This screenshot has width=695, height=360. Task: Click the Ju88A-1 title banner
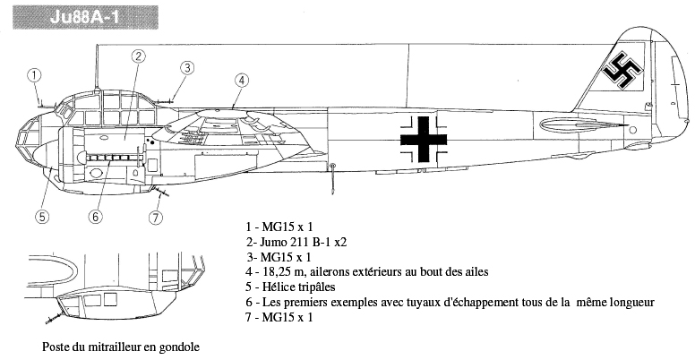[x=85, y=17]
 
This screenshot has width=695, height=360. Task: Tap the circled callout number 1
[x=35, y=74]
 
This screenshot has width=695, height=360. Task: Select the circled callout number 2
[x=138, y=56]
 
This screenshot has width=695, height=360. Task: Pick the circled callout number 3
[x=187, y=68]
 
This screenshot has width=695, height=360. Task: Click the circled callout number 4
[x=241, y=81]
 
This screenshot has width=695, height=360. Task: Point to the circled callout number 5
[x=42, y=217]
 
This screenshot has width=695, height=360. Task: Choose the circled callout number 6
[x=95, y=217]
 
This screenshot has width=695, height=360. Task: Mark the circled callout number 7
[x=155, y=218]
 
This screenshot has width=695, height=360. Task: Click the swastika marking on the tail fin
[x=622, y=70]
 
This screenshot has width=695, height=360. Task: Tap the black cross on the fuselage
[x=424, y=139]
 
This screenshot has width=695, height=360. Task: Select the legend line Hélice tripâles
[x=290, y=287]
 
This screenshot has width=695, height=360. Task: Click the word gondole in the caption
[x=179, y=347]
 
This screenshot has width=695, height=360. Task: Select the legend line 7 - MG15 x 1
[x=279, y=317]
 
